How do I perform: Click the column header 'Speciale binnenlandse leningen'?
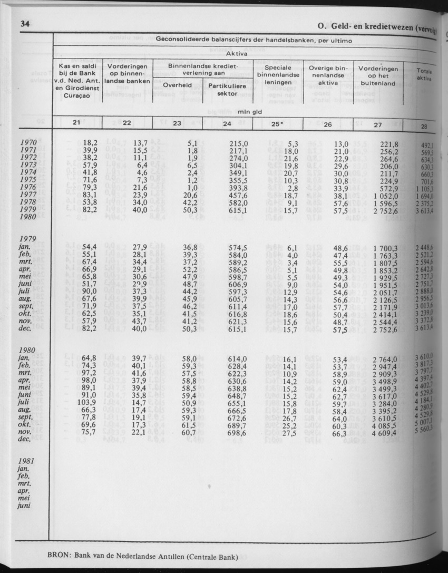(278, 75)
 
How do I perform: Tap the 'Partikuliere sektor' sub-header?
(228, 90)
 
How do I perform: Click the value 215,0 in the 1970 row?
(238, 143)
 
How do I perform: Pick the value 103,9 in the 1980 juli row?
(87, 403)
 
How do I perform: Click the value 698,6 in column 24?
(238, 433)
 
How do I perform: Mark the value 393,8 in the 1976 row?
(238, 188)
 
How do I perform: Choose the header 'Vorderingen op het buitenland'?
(378, 75)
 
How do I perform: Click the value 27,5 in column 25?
(287, 433)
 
